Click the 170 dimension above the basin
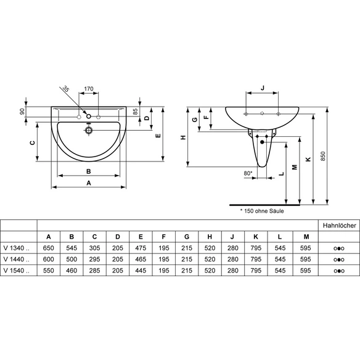[x=89, y=88]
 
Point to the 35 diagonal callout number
[x=66, y=89]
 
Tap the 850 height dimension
[x=323, y=156]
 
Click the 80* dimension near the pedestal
[x=248, y=173]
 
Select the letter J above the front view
[x=263, y=88]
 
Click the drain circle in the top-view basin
[x=88, y=131]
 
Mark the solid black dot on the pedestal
[x=262, y=142]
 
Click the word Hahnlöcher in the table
[x=339, y=226]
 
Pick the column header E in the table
[x=141, y=237]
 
